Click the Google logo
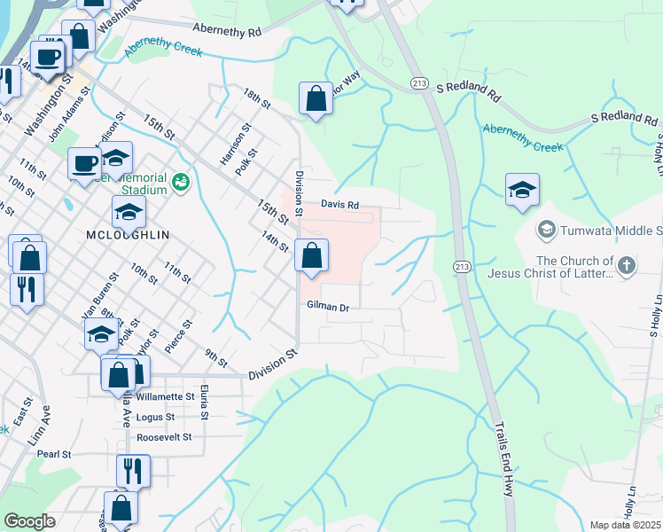click(x=29, y=521)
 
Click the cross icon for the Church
click(x=627, y=265)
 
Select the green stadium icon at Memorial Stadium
click(x=182, y=182)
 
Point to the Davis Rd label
click(x=339, y=205)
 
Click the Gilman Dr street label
click(x=328, y=306)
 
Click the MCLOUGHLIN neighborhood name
click(x=129, y=236)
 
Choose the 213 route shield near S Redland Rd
click(x=420, y=82)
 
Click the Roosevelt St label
click(x=165, y=437)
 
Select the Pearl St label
click(x=54, y=454)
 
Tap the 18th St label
click(x=257, y=98)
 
